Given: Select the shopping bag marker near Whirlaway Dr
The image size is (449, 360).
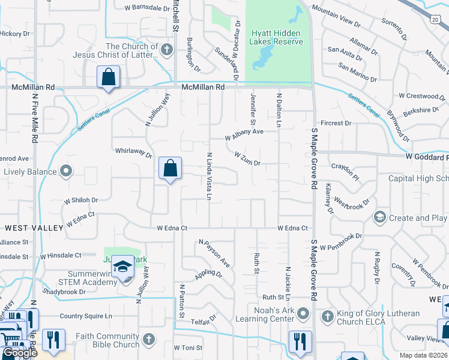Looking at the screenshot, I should tap(170, 169).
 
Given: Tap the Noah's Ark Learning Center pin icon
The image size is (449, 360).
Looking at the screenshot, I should tap(304, 313).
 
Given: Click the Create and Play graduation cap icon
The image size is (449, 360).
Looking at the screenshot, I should tap(379, 217).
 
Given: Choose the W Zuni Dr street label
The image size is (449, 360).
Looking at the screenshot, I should tap(247, 159).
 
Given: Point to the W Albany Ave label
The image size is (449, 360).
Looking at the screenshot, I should tap(244, 134).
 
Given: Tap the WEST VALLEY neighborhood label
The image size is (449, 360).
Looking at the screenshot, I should tap(34, 228).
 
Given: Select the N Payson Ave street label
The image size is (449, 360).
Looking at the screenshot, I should tap(214, 254).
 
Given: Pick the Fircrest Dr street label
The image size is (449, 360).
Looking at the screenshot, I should tap(336, 124).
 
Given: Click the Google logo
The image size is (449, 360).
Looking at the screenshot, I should tap(20, 353).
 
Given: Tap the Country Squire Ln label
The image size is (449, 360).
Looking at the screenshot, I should tap(86, 316).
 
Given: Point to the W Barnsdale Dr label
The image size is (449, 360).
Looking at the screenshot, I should tap(147, 8).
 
